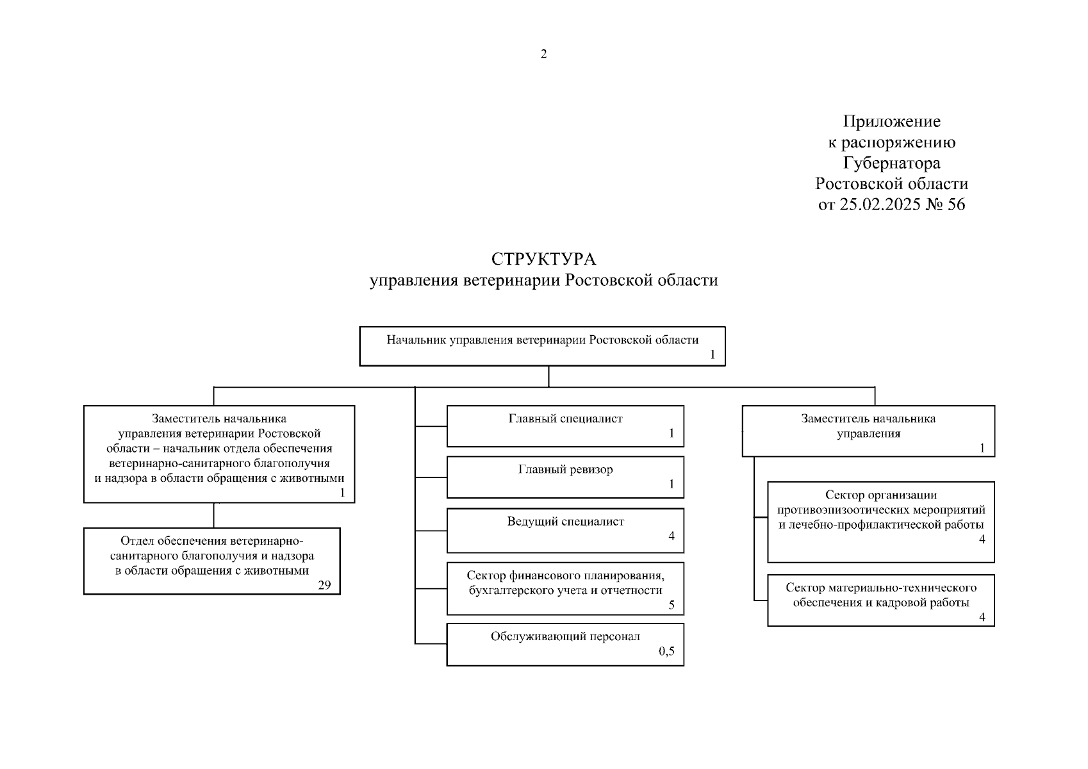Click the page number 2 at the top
click(x=544, y=54)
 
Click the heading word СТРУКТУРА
click(x=543, y=259)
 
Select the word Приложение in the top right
click(x=891, y=121)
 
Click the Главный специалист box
click(x=565, y=426)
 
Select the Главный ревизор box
click(x=565, y=477)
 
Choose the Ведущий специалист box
click(x=565, y=530)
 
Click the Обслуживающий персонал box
click(x=565, y=644)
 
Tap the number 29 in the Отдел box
click(x=324, y=584)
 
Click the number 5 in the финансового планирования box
click(x=672, y=604)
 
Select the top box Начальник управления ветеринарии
click(x=542, y=346)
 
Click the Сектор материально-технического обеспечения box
click(x=880, y=600)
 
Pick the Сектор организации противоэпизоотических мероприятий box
click(x=880, y=522)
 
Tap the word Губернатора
click(x=891, y=163)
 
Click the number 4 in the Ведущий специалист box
click(x=672, y=536)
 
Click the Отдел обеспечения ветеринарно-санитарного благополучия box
click(x=211, y=561)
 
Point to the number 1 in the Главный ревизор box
click(x=672, y=484)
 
